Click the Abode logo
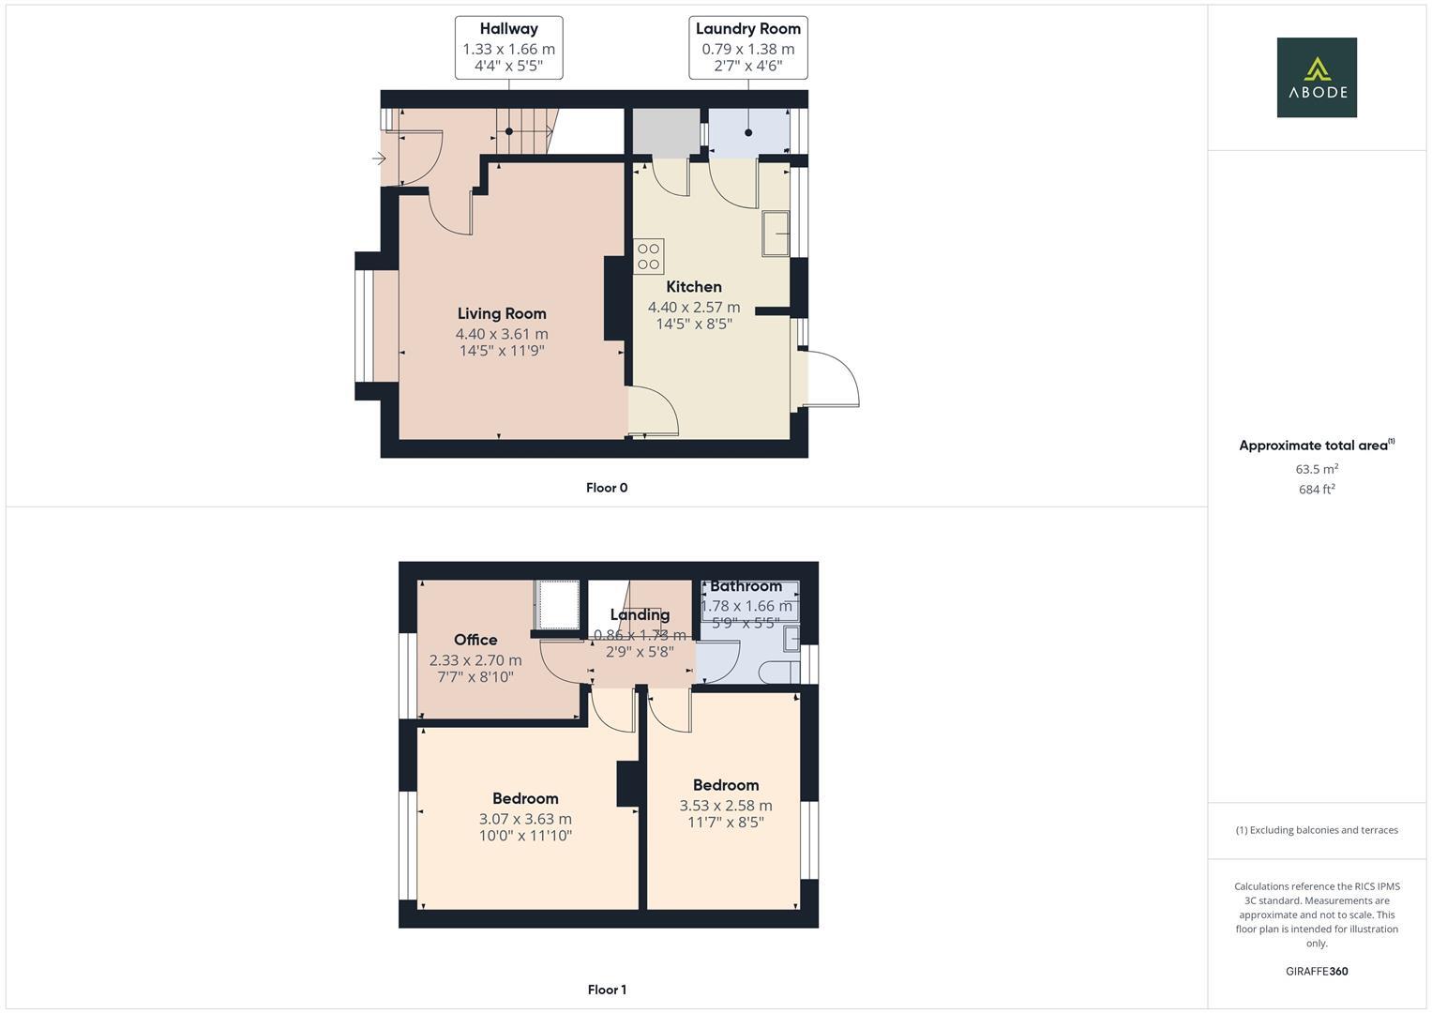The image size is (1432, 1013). [1317, 78]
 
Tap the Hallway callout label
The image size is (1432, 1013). [509, 47]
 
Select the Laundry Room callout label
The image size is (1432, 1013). [748, 47]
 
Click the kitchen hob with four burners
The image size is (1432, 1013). [649, 256]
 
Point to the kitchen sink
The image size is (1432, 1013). [776, 234]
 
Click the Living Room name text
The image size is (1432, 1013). [502, 313]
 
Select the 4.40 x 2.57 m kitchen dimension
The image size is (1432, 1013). [694, 307]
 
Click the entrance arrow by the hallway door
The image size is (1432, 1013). [379, 159]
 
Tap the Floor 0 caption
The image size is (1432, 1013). [607, 488]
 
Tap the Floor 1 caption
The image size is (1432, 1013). [607, 990]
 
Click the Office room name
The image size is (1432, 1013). [475, 640]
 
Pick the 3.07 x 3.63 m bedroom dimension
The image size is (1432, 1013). [525, 819]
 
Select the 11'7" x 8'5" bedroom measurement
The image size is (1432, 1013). [726, 823]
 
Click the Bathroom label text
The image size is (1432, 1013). [746, 586]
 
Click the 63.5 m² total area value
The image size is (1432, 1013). [1317, 469]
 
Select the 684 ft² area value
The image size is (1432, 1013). [1317, 490]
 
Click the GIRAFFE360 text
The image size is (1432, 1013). [1317, 971]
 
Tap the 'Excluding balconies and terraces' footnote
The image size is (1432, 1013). [1317, 830]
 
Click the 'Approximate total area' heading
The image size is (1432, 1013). [1315, 446]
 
